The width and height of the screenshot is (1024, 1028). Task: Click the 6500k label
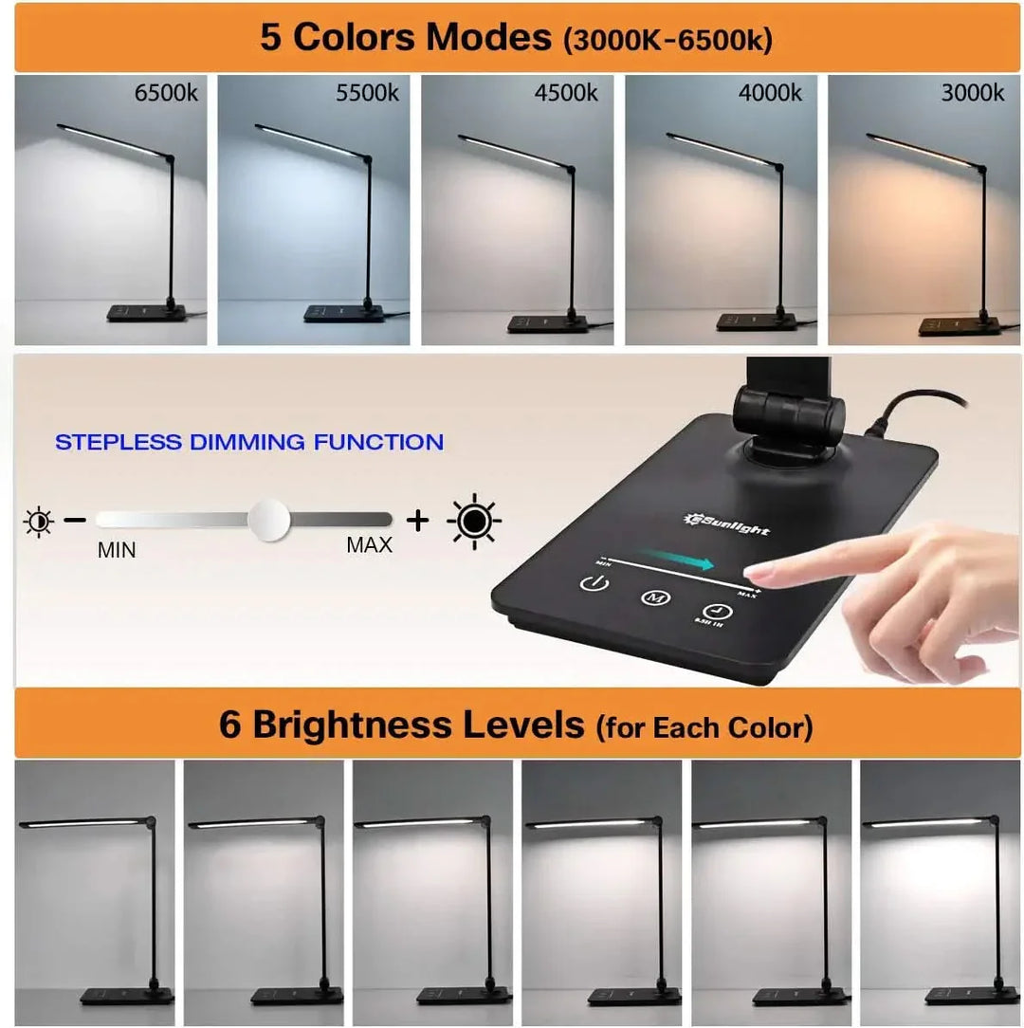click(166, 93)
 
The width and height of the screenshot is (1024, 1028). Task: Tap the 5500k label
click(367, 93)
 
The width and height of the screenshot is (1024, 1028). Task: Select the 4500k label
click(566, 93)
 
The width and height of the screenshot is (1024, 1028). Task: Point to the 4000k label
click(770, 93)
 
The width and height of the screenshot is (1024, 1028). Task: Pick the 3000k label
click(972, 93)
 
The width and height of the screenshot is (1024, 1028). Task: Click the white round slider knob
click(268, 520)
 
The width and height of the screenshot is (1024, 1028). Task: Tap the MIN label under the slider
click(117, 550)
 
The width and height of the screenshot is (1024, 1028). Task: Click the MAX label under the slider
click(369, 545)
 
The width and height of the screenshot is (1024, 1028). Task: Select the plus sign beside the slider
click(417, 520)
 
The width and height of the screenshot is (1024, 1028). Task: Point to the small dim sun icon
click(39, 521)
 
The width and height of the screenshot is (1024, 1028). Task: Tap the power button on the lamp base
click(593, 583)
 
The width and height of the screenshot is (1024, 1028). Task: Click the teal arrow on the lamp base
click(676, 561)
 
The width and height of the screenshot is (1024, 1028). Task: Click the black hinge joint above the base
click(787, 413)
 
